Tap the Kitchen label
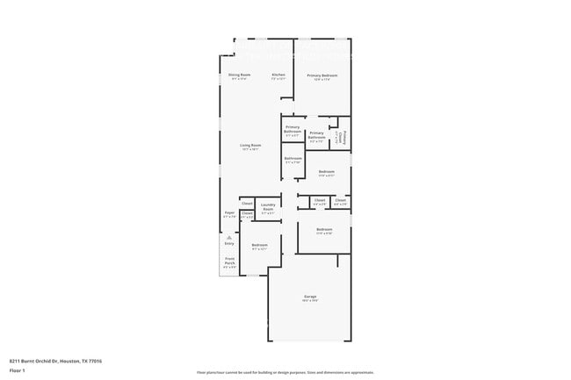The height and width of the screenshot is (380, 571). [278, 75]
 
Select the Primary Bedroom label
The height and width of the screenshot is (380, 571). [322, 75]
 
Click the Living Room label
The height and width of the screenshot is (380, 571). [251, 145]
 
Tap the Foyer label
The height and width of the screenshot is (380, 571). [229, 212]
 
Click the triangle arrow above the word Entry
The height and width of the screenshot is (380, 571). [229, 237]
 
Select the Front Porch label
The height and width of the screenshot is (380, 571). [229, 260]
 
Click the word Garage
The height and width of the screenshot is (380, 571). [310, 297]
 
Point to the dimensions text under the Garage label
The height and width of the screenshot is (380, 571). [310, 301]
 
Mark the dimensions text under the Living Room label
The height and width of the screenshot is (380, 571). [251, 150]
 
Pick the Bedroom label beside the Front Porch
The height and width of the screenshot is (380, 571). [259, 245]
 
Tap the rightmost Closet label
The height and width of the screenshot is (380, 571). [340, 200]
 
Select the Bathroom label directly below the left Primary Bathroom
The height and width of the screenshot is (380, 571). [293, 158]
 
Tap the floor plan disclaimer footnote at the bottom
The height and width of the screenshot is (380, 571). [285, 373]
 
